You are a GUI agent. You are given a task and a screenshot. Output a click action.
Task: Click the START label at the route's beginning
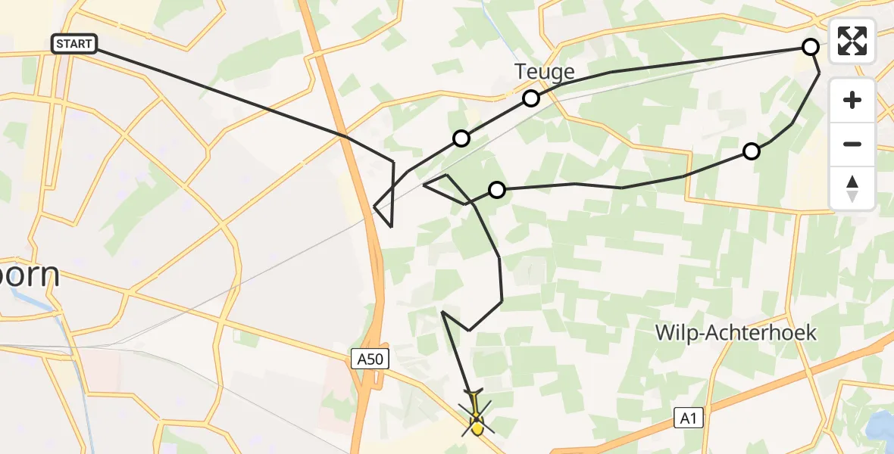click(74, 44)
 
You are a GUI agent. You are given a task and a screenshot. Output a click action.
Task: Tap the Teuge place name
click(544, 72)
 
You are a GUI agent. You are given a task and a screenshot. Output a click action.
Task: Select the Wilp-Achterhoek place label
click(736, 332)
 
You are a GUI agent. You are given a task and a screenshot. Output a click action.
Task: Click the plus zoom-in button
click(852, 100)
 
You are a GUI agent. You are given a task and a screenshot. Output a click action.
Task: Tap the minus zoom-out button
click(852, 144)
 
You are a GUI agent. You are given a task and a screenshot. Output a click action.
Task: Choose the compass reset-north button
click(852, 188)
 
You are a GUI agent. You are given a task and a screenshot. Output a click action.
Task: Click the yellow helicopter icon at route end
click(477, 424)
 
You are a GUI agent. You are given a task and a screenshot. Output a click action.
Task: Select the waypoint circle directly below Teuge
click(531, 98)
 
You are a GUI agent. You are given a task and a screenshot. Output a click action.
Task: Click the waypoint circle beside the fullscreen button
click(811, 47)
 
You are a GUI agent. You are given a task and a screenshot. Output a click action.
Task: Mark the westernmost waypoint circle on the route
click(461, 138)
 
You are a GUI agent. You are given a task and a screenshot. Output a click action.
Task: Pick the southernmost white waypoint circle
click(496, 190)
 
